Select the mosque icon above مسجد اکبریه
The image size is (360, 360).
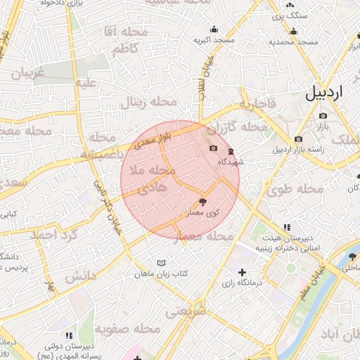214,29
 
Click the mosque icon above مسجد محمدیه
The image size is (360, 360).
293,31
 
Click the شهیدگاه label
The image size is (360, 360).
231,162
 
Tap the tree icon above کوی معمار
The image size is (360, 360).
204,201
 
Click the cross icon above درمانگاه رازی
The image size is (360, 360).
243,272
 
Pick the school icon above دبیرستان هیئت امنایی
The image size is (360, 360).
286,227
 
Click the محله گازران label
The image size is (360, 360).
245,128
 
